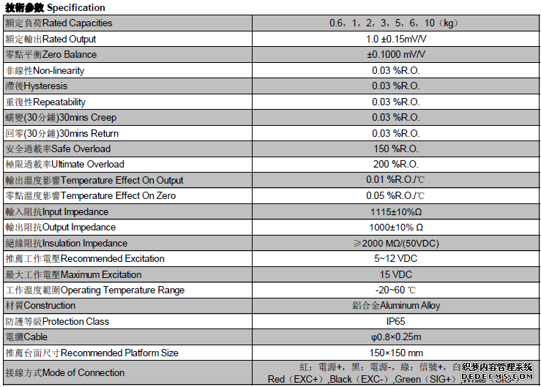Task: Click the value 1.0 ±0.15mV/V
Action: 395,39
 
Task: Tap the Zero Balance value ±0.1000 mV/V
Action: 395,55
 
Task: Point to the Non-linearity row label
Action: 45,71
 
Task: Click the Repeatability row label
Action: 45,102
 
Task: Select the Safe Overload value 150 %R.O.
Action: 395,149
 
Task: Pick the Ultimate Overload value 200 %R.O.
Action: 395,165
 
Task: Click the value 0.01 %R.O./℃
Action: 395,181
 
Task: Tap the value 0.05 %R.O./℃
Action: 395,196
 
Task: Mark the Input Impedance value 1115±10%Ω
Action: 395,212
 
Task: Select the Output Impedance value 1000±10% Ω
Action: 395,228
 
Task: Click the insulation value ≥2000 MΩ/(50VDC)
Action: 395,244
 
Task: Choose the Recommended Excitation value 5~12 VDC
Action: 395,259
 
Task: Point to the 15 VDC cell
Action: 395,275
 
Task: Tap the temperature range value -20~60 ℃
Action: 395,290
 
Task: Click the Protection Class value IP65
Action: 395,322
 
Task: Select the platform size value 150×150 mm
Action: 395,353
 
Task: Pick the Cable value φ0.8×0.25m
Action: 395,337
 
